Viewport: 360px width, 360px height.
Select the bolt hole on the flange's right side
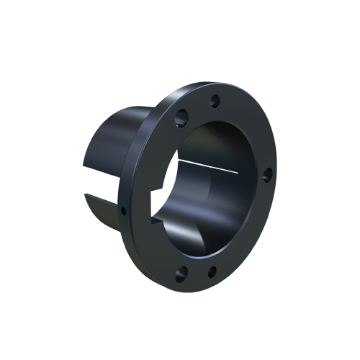pyautogui.click(x=266, y=173)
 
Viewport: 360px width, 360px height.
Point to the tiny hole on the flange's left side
pyautogui.click(x=124, y=211)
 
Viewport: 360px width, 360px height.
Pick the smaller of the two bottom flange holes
pyautogui.click(x=212, y=272)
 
